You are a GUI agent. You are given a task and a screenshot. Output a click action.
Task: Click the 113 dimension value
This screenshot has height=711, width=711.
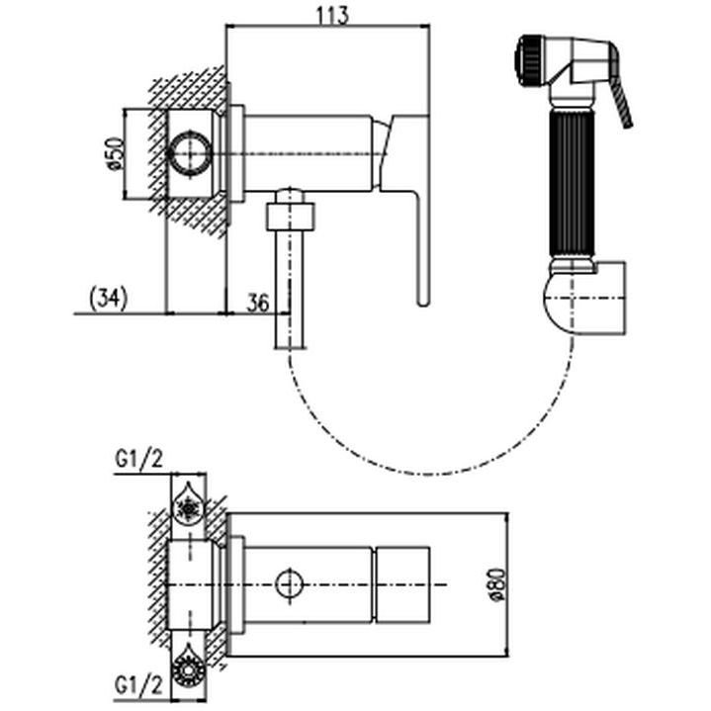[x=332, y=15]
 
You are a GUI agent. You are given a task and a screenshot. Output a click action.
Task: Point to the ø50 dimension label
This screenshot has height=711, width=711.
[x=115, y=153]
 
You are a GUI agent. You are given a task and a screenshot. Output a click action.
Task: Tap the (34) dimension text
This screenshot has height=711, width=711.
[x=109, y=299]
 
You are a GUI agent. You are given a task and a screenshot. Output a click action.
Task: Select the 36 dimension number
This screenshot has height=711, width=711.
[x=258, y=303]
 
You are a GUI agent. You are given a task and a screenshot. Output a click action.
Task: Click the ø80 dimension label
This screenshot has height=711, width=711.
[x=497, y=584]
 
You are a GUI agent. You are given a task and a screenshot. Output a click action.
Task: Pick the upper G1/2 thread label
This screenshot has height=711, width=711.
[x=138, y=460]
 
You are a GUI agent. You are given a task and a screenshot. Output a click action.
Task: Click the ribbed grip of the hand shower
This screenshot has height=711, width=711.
[x=572, y=182]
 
